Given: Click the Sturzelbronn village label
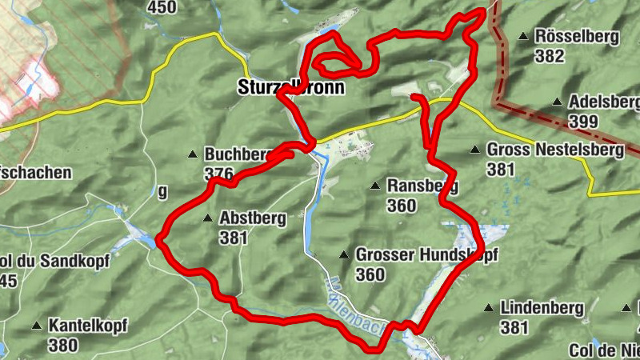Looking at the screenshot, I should (x=291, y=88).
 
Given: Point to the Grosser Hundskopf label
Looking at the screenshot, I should (x=426, y=255).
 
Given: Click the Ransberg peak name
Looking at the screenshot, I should (x=422, y=186).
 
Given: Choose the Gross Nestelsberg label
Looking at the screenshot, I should (x=554, y=149).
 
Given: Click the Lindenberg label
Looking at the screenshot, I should (x=542, y=307).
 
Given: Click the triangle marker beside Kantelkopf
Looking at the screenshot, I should (x=36, y=326).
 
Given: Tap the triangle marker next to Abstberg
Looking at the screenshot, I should (x=207, y=217).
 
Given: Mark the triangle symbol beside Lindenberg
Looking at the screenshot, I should (x=488, y=307).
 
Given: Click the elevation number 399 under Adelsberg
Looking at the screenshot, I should (x=584, y=121).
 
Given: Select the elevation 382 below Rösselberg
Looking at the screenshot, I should (x=550, y=56).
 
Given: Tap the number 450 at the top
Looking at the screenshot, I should (x=162, y=7).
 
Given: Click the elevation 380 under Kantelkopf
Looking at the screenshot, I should (x=62, y=346).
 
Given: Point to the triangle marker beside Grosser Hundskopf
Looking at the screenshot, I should (x=344, y=255).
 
